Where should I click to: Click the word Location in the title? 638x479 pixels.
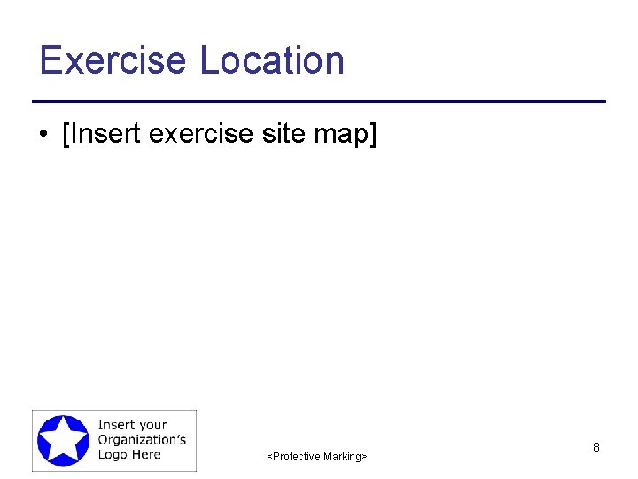(272, 60)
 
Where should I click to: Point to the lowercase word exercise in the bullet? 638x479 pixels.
(201, 135)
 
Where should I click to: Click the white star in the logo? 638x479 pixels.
(63, 440)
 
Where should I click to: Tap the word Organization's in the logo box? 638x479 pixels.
(142, 439)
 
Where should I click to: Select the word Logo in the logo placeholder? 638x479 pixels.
(113, 454)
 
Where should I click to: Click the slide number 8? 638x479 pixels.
(596, 448)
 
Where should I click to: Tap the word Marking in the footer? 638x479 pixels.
(342, 457)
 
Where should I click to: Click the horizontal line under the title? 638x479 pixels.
(319, 102)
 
